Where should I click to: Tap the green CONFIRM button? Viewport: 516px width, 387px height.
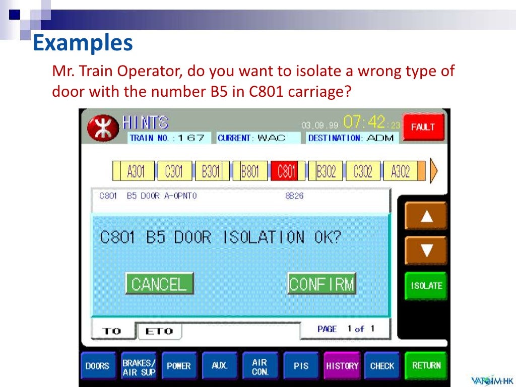click(322, 284)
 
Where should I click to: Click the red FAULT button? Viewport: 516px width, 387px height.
click(423, 127)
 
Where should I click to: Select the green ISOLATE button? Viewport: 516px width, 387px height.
click(426, 286)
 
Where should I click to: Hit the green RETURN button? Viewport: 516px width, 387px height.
click(426, 366)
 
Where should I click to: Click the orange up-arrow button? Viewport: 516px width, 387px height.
click(426, 216)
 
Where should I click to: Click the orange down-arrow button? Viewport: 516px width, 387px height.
click(426, 250)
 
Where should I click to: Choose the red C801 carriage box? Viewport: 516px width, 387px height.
click(286, 172)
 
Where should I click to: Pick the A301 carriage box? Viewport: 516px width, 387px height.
click(135, 172)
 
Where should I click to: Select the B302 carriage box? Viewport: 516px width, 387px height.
click(326, 172)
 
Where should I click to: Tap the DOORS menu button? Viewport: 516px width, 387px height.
click(97, 366)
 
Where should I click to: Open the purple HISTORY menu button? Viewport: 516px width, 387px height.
click(342, 366)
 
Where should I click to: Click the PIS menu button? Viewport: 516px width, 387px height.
click(301, 366)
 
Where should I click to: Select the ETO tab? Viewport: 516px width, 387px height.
click(159, 331)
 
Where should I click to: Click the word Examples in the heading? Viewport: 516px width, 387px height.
click(83, 43)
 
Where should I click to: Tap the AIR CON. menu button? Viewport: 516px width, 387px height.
click(260, 366)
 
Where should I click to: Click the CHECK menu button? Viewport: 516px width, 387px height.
click(382, 366)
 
